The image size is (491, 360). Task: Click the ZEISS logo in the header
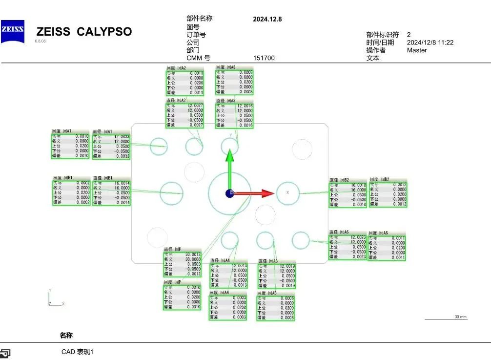pyautogui.click(x=12, y=31)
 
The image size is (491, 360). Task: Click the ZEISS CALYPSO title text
pyautogui.click(x=84, y=32)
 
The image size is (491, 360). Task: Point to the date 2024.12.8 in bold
pyautogui.click(x=267, y=20)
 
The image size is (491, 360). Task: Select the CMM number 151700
pyautogui.click(x=264, y=58)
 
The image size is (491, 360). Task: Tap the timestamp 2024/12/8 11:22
pyautogui.click(x=430, y=42)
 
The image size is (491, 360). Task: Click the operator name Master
pyautogui.click(x=417, y=50)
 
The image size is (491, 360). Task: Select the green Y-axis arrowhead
pyautogui.click(x=230, y=156)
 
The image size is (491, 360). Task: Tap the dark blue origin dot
pyautogui.click(x=229, y=193)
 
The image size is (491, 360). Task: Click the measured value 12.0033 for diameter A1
pyautogui.click(x=122, y=137)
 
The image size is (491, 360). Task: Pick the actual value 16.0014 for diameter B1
pyautogui.click(x=122, y=183)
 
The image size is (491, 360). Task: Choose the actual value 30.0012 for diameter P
pyautogui.click(x=193, y=254)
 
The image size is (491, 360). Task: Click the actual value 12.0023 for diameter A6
pyautogui.click(x=358, y=237)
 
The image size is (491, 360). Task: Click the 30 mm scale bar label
pyautogui.click(x=460, y=317)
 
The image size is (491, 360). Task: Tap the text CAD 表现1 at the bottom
pyautogui.click(x=77, y=352)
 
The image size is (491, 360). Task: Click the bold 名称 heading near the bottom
pyautogui.click(x=66, y=336)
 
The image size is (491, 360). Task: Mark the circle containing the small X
pyautogui.click(x=287, y=193)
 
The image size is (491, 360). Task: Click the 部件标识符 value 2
pyautogui.click(x=409, y=35)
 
